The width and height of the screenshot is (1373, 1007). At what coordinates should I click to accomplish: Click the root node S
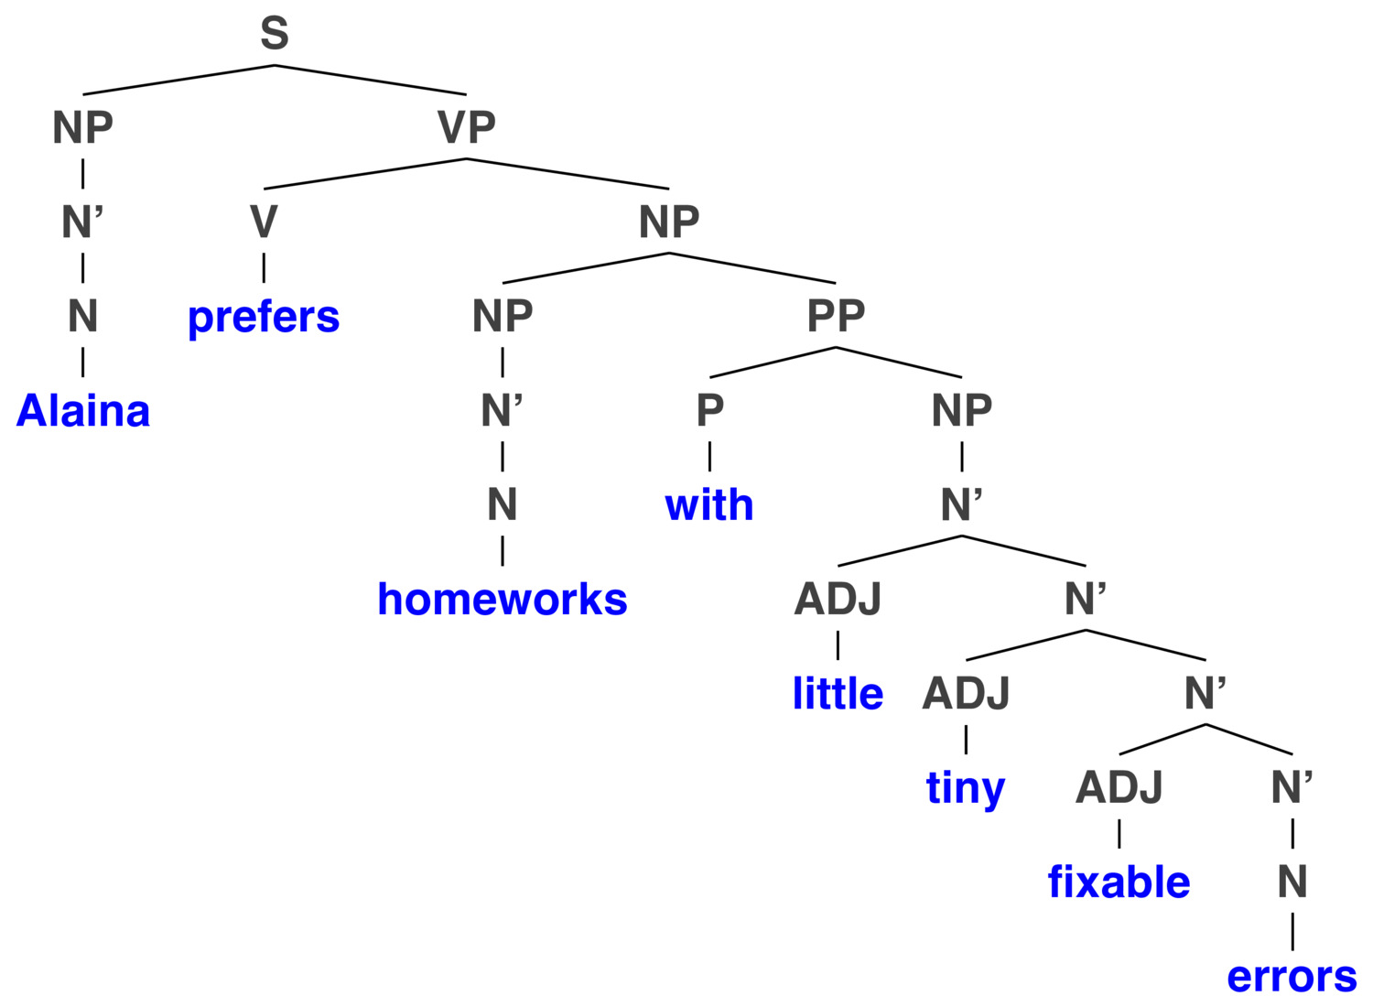274,33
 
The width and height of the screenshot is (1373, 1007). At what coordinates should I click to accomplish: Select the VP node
467,127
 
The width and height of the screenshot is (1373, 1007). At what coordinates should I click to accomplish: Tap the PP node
836,316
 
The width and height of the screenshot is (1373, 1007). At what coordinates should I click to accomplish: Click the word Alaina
82,411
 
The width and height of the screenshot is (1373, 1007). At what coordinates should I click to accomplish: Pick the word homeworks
502,599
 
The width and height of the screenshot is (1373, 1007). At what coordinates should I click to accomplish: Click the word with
709,504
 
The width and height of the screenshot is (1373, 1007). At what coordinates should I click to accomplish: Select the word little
838,693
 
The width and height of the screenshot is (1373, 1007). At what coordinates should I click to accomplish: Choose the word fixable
1119,882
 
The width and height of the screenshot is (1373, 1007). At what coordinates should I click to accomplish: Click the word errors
1292,977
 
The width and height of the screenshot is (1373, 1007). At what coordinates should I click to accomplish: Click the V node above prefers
264,222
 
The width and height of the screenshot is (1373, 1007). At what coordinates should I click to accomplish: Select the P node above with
709,410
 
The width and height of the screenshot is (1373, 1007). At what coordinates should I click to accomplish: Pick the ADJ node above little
838,599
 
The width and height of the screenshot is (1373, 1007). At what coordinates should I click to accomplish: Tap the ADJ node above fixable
1119,787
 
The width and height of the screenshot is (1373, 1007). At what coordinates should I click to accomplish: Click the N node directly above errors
1292,882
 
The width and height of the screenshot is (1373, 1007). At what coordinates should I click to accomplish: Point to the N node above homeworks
502,504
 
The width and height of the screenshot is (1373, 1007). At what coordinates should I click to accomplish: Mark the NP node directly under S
82,127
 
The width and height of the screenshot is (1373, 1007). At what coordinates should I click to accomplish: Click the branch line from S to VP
370,80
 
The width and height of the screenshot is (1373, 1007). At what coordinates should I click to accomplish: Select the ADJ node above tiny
966,693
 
